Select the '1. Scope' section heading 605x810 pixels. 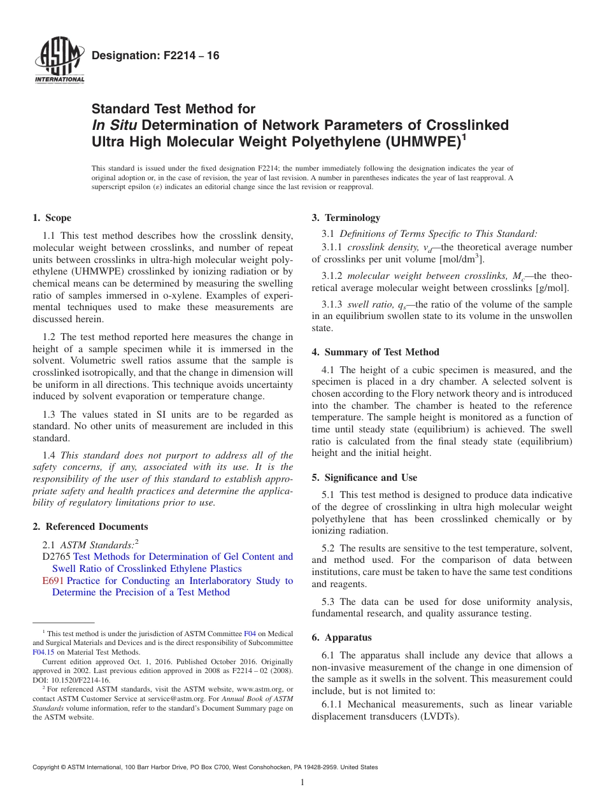click(x=52, y=218)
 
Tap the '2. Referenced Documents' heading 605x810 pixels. click(x=90, y=527)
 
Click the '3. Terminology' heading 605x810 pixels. click(x=346, y=218)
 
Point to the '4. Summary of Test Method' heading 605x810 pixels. click(x=375, y=352)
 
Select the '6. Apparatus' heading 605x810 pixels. click(x=341, y=637)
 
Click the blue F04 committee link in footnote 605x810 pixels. click(x=250, y=634)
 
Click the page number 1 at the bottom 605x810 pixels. click(x=302, y=783)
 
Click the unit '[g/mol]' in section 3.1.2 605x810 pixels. click(x=552, y=288)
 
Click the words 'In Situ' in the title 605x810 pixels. click(x=115, y=125)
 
